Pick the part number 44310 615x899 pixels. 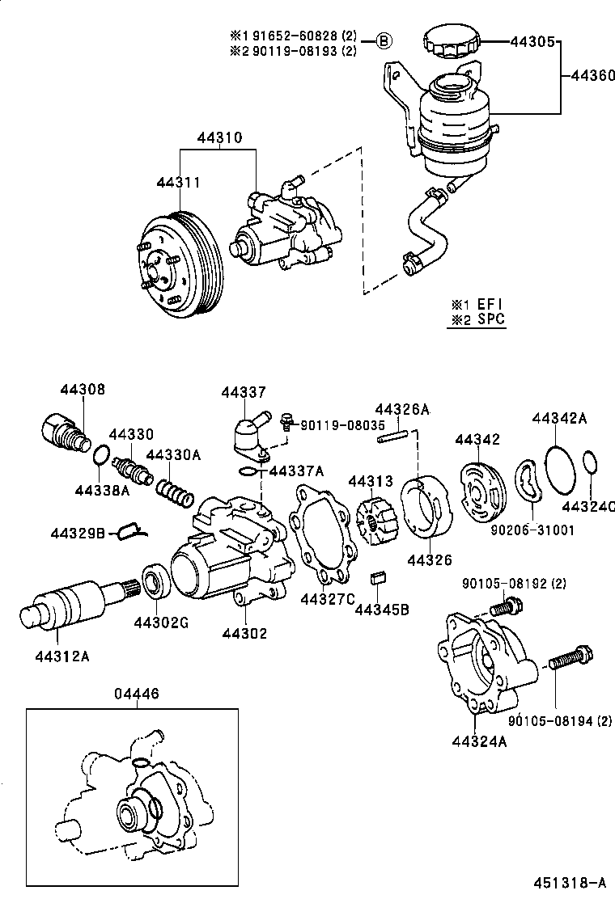[x=218, y=138]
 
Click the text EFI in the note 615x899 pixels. [x=489, y=304]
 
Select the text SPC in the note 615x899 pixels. [x=490, y=319]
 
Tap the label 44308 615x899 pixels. [x=82, y=390]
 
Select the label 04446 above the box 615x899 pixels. [x=136, y=693]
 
